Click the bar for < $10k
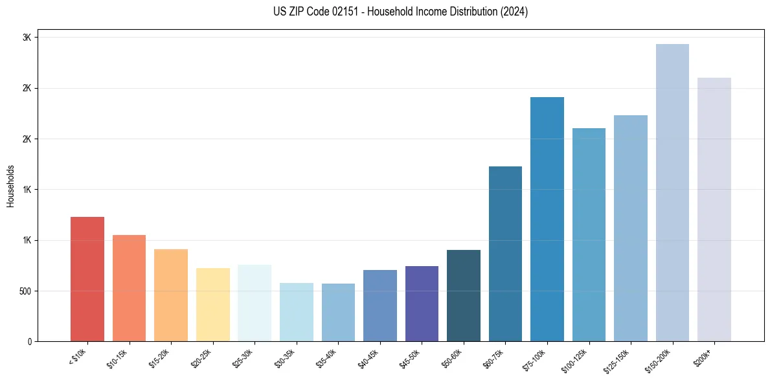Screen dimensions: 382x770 [x=87, y=279]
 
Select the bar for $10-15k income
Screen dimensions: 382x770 [x=129, y=288]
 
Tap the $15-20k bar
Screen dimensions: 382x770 [x=171, y=295]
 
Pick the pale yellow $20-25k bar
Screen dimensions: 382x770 [x=212, y=304]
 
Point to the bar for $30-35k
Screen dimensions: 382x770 [x=296, y=312]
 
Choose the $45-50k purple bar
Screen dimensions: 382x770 [x=422, y=304]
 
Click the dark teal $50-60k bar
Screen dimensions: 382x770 [x=464, y=295]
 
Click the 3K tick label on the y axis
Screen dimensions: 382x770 [x=27, y=38]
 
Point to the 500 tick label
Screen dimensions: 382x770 [x=24, y=291]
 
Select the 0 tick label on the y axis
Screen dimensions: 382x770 [x=30, y=341]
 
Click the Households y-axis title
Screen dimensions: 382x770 [x=11, y=186]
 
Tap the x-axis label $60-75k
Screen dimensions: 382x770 [x=493, y=356]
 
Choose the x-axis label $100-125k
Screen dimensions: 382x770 [x=575, y=358]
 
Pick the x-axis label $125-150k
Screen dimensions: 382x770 [x=617, y=358]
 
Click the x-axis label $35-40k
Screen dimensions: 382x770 [x=326, y=356]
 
